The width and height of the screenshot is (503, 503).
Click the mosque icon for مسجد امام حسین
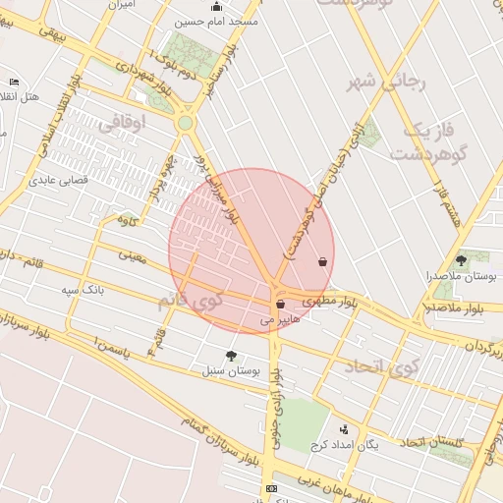[x=216, y=7]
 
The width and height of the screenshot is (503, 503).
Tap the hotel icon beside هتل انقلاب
[x=13, y=82]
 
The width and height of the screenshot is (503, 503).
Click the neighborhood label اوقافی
[x=123, y=121]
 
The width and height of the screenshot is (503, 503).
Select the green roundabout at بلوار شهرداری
[x=185, y=123]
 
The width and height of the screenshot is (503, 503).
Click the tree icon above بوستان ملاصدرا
[x=462, y=260]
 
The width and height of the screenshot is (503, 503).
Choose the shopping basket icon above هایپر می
[x=281, y=305]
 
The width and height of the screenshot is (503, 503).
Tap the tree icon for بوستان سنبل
[x=231, y=356]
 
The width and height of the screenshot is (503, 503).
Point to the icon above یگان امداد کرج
[x=343, y=429]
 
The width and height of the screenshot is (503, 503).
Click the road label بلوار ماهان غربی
[x=329, y=484]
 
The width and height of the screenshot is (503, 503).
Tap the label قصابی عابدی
[x=59, y=181]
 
